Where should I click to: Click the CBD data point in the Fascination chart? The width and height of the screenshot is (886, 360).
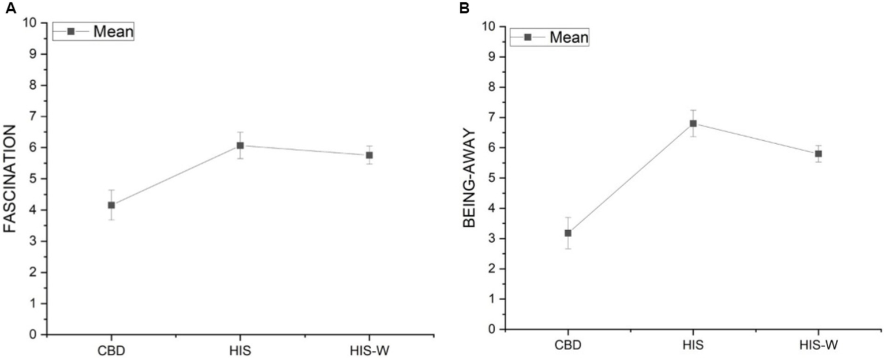click(x=111, y=205)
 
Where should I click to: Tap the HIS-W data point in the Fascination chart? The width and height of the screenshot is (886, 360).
click(x=369, y=155)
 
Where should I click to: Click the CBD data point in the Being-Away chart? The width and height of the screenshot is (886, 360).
click(x=568, y=233)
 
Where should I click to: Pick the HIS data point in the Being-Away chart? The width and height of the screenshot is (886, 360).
click(x=693, y=123)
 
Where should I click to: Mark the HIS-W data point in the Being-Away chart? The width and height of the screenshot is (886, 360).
click(x=818, y=153)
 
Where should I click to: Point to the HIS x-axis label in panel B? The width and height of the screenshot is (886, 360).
click(x=693, y=344)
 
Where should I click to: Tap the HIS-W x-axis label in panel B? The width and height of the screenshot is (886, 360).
click(x=818, y=344)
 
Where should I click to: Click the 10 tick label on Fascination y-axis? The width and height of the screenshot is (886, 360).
click(x=29, y=23)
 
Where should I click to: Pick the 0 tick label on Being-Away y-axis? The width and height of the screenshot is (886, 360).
click(x=491, y=329)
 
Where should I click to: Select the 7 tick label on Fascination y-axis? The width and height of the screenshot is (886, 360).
click(x=32, y=117)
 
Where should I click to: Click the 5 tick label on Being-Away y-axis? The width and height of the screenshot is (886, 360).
click(x=491, y=178)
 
